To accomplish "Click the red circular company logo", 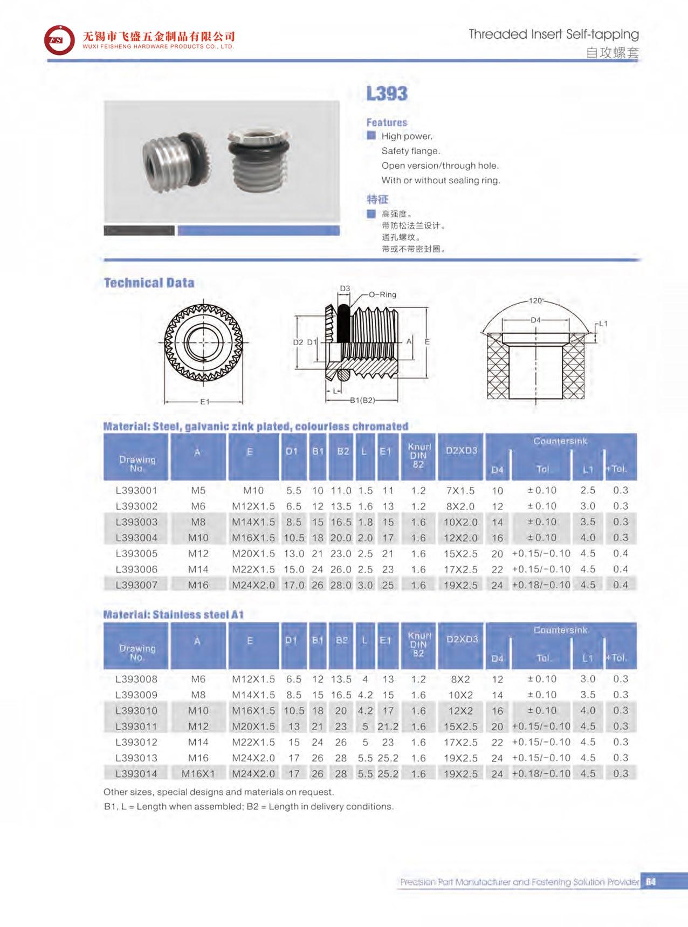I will point(59,40).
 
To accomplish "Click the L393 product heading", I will point(387,94).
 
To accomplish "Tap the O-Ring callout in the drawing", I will point(382,294).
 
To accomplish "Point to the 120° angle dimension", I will point(536,301).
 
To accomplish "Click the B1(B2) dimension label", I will point(362,400).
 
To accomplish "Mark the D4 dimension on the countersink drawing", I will point(535,320).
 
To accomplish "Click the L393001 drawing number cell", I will point(136,491).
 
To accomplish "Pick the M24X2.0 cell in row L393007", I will point(253,585).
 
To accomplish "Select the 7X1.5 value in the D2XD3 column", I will point(460,491).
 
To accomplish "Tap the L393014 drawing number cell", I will point(136,774).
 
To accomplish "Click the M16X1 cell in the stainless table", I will point(198,774).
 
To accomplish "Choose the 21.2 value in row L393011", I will point(388,726).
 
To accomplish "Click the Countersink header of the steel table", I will point(560,441).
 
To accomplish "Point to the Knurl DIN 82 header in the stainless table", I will point(418,644).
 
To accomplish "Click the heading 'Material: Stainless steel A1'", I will point(173,614).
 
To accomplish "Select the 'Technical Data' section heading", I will point(149,283).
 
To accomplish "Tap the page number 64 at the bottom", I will point(650,882).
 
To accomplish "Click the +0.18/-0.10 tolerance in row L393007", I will point(541,585).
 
